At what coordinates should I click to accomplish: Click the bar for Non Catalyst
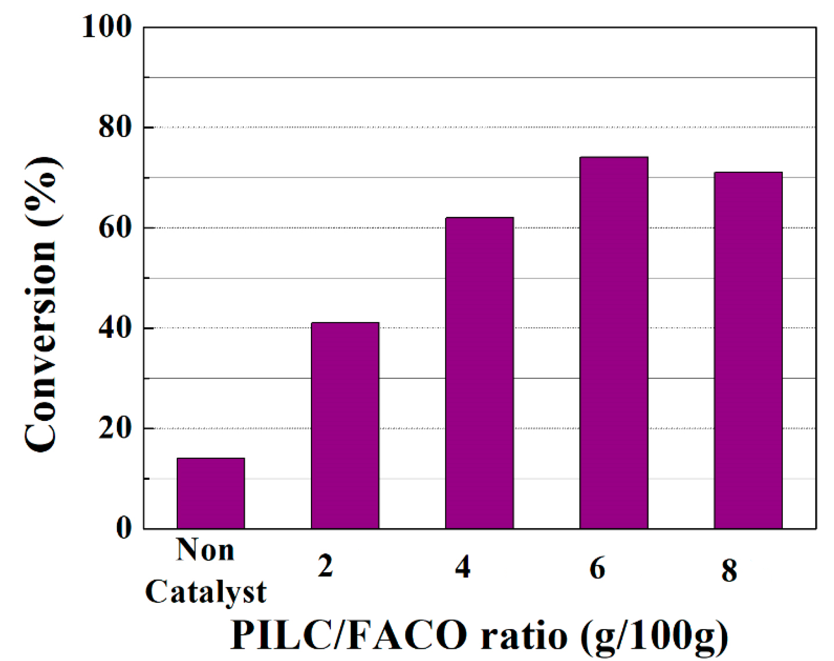(211, 493)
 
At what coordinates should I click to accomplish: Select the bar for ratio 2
(345, 425)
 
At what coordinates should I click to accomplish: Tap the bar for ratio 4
(479, 373)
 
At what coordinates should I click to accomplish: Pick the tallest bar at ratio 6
(614, 343)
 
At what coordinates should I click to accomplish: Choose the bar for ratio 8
(748, 351)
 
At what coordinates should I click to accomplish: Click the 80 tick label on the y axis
(115, 127)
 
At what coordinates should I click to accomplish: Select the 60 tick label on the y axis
(115, 228)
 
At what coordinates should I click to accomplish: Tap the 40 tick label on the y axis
(115, 328)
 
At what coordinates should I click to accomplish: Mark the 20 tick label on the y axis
(115, 429)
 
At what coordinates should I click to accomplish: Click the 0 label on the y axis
(124, 528)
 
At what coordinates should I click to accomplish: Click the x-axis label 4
(463, 568)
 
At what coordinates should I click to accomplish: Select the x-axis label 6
(597, 569)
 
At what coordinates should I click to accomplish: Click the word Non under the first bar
(205, 551)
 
